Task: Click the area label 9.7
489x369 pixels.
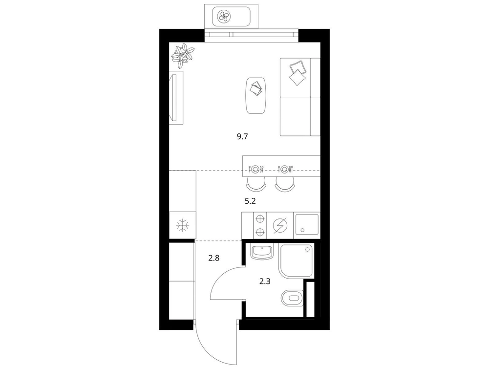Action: [242, 137]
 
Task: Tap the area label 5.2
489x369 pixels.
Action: [250, 201]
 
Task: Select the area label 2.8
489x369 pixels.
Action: [214, 258]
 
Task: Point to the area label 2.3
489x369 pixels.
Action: [265, 282]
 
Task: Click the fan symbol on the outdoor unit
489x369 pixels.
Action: [224, 16]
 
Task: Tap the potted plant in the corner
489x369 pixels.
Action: [183, 56]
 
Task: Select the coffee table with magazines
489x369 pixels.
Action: [256, 95]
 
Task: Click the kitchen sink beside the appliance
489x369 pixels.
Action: [307, 224]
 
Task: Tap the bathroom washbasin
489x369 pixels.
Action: [261, 252]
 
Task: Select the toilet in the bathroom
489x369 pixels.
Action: [292, 298]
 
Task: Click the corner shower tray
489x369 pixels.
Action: [296, 261]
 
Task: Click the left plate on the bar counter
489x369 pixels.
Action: [255, 169]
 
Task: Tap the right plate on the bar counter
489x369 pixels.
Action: [284, 169]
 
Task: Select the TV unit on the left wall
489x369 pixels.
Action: [176, 98]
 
